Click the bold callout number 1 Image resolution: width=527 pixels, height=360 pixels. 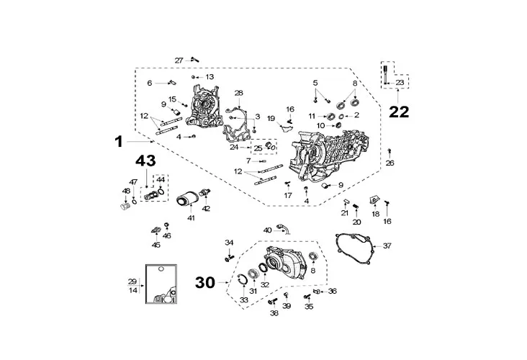click(119, 142)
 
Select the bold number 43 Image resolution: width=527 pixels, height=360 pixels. click(143, 163)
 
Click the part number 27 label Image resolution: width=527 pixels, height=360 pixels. click(179, 60)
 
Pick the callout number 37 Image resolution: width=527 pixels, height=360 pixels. click(387, 246)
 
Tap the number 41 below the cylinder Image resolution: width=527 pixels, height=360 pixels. click(191, 217)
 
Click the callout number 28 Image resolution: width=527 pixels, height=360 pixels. click(239, 93)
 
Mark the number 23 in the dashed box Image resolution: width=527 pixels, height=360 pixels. click(400, 83)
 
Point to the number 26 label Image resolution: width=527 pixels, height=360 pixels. click(390, 163)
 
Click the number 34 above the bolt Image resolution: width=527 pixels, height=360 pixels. click(229, 242)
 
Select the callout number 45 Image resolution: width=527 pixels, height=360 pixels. click(156, 245)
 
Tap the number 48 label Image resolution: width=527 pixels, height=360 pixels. click(126, 191)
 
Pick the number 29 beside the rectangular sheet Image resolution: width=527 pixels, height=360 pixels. click(132, 281)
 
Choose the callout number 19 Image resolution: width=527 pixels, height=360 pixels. click(271, 118)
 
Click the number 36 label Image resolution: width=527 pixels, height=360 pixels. click(332, 291)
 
